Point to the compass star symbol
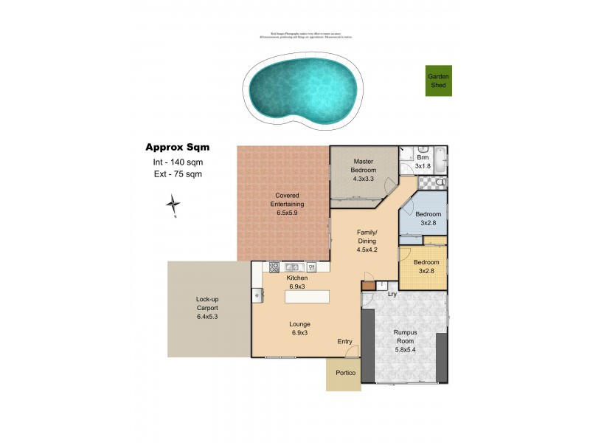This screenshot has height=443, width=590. coord(173,204)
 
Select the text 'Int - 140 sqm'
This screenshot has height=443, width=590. coord(173,162)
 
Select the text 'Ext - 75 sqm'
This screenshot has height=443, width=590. coord(172,174)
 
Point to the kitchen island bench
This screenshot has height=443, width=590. coord(308,295)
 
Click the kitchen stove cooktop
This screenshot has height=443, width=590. coord(274,267)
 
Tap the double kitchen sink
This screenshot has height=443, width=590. coord(291,267)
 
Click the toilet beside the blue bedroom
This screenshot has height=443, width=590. coord(440,182)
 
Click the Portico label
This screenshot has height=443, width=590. coord(346,373)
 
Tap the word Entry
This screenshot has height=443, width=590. coord(344,341)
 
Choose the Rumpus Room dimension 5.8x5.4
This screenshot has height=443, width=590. coord(405,349)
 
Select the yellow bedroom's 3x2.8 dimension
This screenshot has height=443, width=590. coord(426,271)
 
